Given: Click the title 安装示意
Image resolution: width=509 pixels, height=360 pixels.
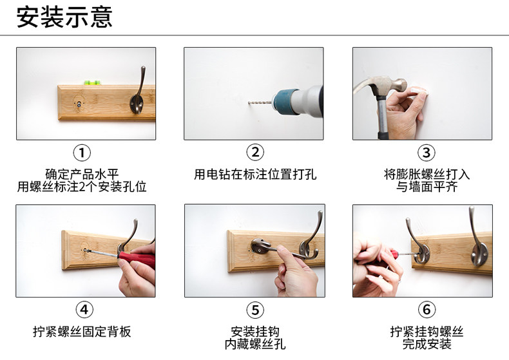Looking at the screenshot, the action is click(64, 17).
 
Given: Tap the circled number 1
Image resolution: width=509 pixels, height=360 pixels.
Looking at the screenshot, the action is click(82, 153).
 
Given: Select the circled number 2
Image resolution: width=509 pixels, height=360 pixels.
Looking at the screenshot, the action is click(255, 152).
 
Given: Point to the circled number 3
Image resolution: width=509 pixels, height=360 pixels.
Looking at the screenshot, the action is click(427, 153).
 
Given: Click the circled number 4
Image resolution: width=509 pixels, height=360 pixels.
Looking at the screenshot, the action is click(84, 310).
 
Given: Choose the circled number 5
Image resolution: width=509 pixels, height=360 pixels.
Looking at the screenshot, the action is click(255, 310).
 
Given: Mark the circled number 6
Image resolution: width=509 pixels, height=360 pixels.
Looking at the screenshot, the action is click(427, 309).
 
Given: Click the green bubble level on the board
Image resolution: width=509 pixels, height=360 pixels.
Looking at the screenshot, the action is click(92, 82).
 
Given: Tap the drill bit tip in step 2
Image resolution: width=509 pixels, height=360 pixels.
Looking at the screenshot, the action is click(249, 103).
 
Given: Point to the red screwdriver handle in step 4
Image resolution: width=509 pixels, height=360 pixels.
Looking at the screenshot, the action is click(137, 258).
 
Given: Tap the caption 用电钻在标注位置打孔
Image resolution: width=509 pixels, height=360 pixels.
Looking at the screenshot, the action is click(255, 174).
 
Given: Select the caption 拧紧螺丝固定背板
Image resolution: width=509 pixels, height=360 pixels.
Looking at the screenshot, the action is click(82, 332).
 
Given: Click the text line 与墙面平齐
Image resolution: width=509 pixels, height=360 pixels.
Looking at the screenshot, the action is click(427, 187).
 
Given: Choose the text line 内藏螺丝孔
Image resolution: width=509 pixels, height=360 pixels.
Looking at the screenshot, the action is click(255, 344).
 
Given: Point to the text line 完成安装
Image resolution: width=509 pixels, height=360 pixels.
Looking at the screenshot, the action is click(427, 344).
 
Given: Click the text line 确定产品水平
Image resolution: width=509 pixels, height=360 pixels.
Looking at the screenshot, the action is click(82, 174).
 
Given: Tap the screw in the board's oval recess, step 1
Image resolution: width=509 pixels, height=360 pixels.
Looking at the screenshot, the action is click(79, 104).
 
